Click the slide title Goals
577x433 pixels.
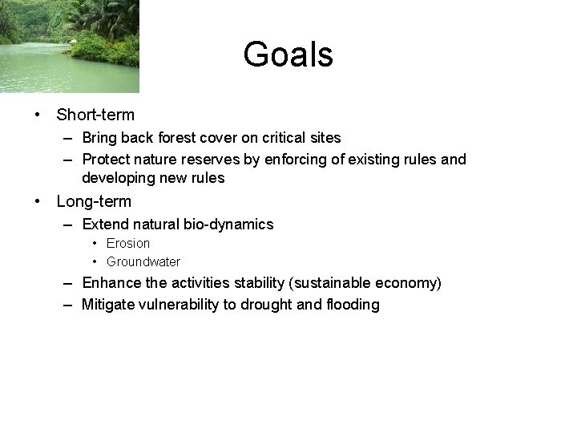288,55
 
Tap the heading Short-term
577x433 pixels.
95,115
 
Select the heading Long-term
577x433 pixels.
94,201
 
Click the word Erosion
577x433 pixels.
128,243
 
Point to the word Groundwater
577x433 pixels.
143,261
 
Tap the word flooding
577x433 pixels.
349,305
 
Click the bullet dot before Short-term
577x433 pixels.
38,115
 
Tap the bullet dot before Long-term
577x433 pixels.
38,201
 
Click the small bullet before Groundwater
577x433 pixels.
95,261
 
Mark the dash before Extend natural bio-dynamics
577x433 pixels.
70,225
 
